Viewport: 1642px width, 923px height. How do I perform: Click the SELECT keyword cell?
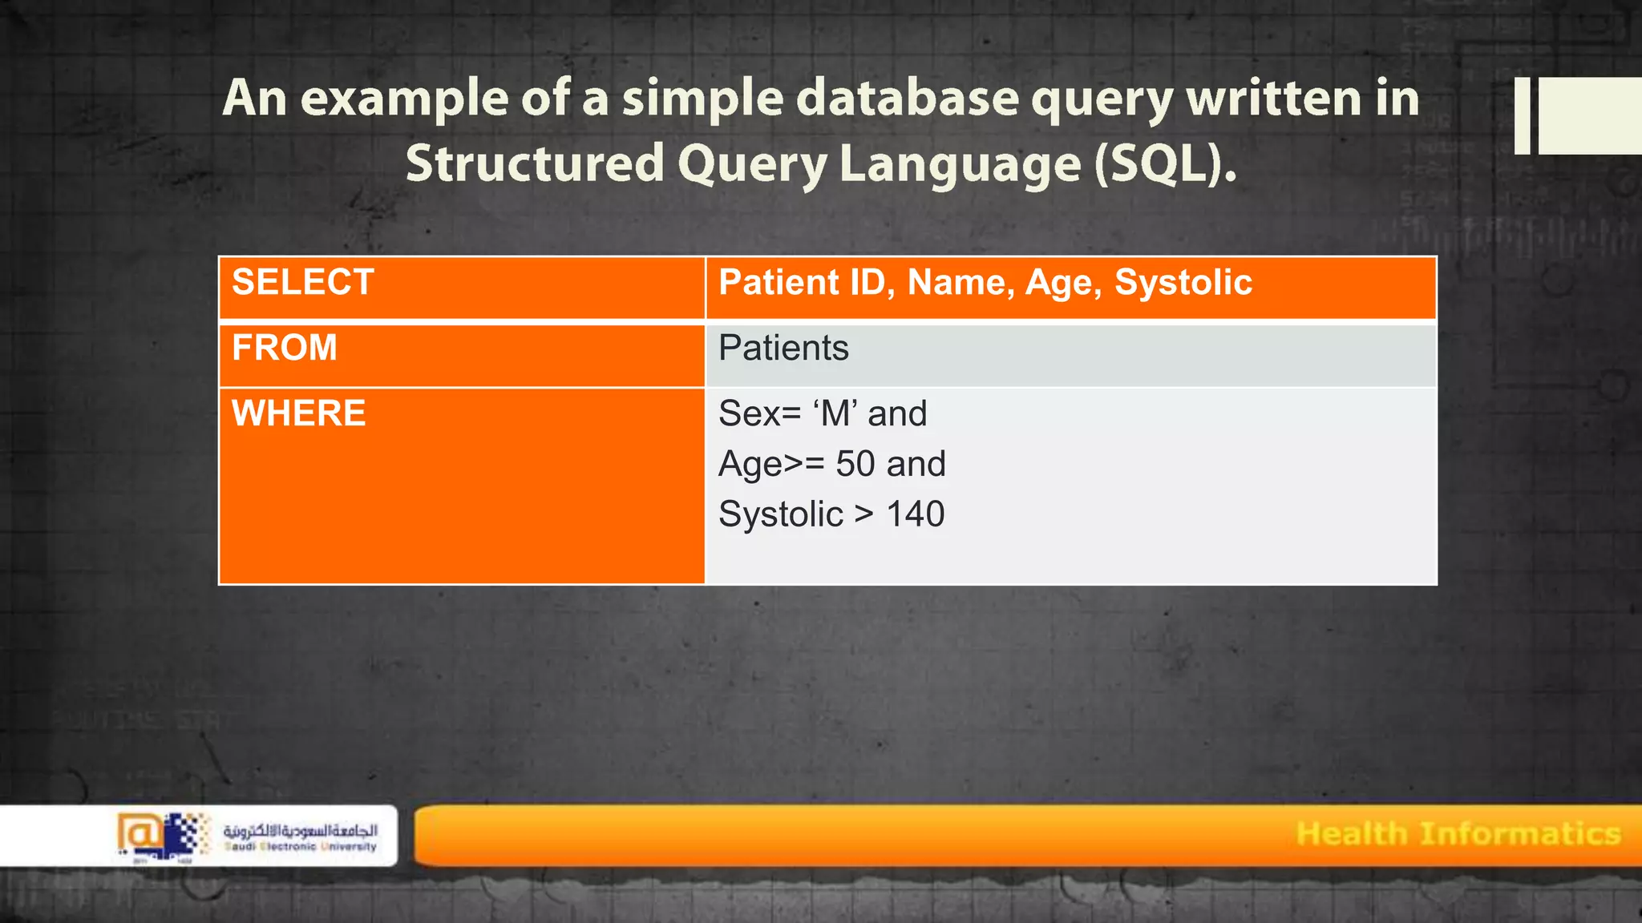302,283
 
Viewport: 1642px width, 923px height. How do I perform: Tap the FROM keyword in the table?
284,349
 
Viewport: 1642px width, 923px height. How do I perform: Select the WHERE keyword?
298,414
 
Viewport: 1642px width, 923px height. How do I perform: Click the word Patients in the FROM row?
783,349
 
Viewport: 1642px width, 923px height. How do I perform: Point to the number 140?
915,514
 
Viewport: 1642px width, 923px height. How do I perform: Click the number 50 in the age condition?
855,465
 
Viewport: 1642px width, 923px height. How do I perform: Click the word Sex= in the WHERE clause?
759,414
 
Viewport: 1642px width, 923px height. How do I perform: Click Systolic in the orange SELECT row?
1183,283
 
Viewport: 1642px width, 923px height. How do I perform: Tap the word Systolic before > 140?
780,514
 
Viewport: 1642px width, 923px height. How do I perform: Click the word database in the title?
906,99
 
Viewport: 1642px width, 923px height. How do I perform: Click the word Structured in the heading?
535,164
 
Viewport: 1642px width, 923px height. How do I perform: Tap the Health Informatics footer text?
1458,834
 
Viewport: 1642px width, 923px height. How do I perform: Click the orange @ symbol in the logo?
138,834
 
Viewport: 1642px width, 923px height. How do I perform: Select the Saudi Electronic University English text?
301,847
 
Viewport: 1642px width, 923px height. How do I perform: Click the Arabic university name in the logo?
301,830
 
